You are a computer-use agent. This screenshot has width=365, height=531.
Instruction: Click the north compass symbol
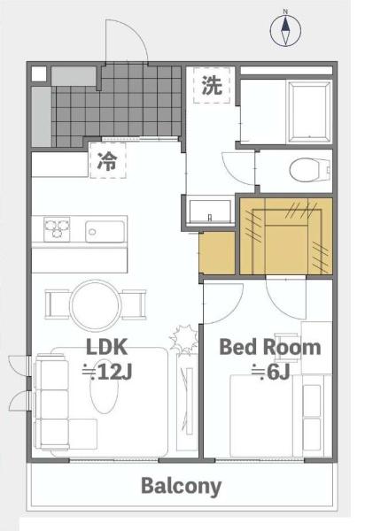tap(285, 30)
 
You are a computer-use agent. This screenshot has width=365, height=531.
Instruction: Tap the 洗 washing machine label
tap(212, 85)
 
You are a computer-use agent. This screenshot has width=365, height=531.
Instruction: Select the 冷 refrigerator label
tap(108, 161)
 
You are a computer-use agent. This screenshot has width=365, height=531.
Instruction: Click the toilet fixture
tap(310, 169)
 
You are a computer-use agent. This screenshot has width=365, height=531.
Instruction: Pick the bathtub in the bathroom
tap(308, 112)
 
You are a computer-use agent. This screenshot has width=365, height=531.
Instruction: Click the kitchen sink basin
tap(105, 232)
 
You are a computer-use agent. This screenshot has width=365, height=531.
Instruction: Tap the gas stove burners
tap(57, 229)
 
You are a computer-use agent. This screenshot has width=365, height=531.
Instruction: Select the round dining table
tap(96, 305)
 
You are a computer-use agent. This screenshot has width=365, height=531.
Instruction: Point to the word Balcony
tap(181, 486)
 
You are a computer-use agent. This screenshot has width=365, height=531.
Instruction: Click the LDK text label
tap(107, 346)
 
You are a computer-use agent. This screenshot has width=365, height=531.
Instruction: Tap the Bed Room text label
tap(270, 347)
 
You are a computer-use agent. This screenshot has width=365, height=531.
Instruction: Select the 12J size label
tap(107, 373)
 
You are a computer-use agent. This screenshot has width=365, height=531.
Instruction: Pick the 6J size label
tap(270, 373)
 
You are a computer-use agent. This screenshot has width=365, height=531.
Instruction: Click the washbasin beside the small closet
tap(210, 212)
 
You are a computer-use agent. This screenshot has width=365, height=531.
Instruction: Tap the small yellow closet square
tap(217, 253)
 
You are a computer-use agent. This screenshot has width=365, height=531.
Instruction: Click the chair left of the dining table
tap(57, 304)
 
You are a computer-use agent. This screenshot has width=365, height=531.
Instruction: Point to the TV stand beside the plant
tap(188, 403)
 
